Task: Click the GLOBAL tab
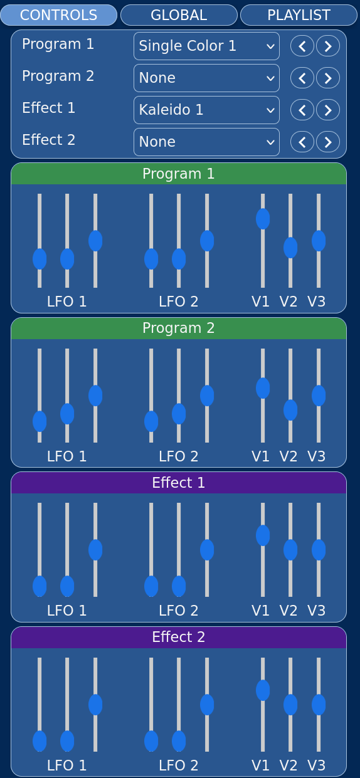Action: (x=179, y=15)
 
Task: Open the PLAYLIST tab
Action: (x=299, y=15)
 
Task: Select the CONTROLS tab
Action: (x=59, y=15)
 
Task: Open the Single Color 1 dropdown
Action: (x=206, y=46)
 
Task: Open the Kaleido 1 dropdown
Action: (x=206, y=110)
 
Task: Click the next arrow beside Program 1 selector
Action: (x=327, y=46)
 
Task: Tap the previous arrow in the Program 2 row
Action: (x=302, y=78)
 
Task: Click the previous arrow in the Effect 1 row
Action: (x=302, y=110)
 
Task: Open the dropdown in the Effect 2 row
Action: (x=206, y=142)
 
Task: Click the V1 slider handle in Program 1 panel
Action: (x=263, y=219)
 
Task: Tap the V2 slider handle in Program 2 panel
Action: (x=290, y=410)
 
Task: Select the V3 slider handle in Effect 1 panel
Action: (x=319, y=550)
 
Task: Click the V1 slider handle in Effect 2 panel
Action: (x=263, y=690)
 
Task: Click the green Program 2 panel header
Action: (x=179, y=329)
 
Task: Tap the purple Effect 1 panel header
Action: (x=179, y=483)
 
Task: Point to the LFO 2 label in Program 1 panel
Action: (x=179, y=302)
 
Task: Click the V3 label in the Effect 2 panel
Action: (x=317, y=765)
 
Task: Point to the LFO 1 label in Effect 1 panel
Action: (x=66, y=611)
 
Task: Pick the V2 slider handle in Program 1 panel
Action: (x=290, y=248)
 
